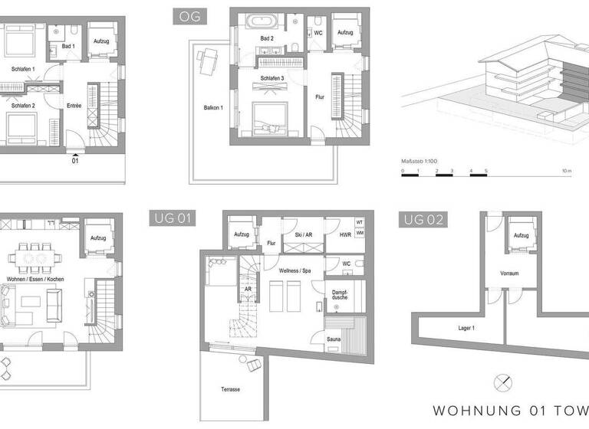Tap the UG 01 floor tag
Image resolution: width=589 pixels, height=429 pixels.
pyautogui.click(x=169, y=219)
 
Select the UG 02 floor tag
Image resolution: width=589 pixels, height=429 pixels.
pyautogui.click(x=422, y=220)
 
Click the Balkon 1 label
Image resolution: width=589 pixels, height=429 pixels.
pyautogui.click(x=212, y=107)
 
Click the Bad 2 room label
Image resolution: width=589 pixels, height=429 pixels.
pyautogui.click(x=266, y=38)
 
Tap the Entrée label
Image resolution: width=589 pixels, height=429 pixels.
pyautogui.click(x=74, y=106)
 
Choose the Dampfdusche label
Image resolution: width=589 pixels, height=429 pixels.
pyautogui.click(x=340, y=294)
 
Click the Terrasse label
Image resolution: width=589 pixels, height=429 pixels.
pyautogui.click(x=230, y=389)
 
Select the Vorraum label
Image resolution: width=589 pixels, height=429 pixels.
pyautogui.click(x=510, y=271)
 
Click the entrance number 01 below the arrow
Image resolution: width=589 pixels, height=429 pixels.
pyautogui.click(x=75, y=162)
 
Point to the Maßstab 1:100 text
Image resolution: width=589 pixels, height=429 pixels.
pyautogui.click(x=420, y=162)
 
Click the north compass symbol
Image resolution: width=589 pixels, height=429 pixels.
pyautogui.click(x=503, y=381)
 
